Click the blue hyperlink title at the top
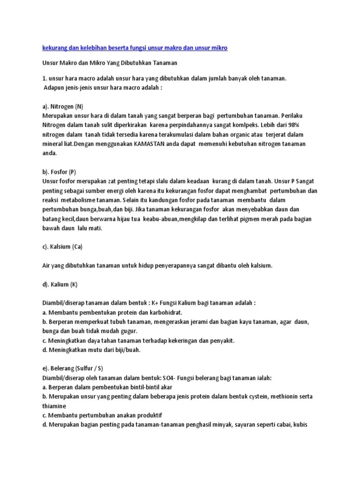(135, 48)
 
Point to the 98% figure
(299, 125)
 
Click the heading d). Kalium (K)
(60, 284)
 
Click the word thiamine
(54, 406)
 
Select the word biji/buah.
(126, 350)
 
